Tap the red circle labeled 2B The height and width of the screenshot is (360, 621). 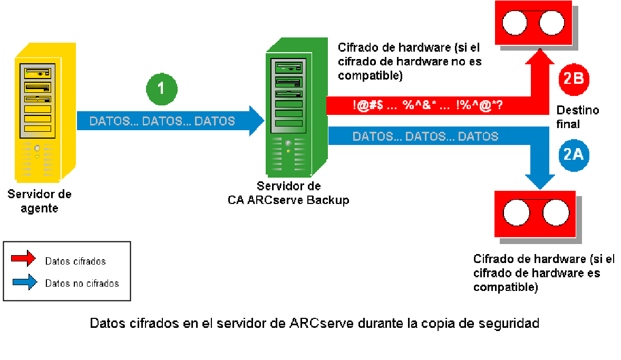(x=573, y=79)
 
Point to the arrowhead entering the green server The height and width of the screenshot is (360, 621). (x=257, y=121)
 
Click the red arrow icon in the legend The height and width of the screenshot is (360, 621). (x=24, y=259)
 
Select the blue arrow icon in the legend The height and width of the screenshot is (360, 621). (x=24, y=282)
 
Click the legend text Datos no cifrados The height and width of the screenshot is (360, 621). (x=82, y=284)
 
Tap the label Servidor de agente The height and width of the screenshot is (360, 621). (x=40, y=201)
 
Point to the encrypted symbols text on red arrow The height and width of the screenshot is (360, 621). (x=427, y=105)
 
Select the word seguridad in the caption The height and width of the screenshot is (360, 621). (x=511, y=323)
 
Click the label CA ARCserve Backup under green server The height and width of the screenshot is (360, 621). (x=288, y=200)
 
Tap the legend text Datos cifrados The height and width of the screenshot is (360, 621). (x=75, y=261)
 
